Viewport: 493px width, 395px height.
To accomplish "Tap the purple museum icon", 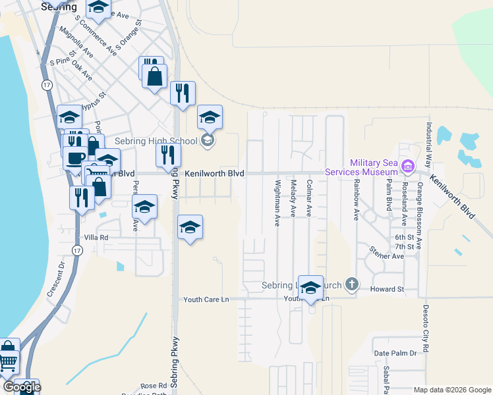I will pos(407,165).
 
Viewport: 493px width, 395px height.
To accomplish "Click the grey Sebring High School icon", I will pos(208,140).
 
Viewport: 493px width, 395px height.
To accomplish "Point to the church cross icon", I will pos(352,284).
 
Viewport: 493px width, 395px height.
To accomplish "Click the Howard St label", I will pos(386,289).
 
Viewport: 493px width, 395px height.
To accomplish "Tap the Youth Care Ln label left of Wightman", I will pos(206,300).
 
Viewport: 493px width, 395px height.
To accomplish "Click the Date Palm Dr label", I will pos(395,354).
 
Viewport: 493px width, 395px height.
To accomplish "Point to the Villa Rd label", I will pos(95,237).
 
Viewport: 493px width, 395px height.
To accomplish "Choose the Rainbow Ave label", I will pos(356,199).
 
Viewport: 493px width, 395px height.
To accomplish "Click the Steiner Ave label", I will pos(386,253).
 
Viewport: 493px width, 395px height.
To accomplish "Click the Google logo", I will pos(22,387).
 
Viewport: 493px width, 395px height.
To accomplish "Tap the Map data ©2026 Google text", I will pos(451,390).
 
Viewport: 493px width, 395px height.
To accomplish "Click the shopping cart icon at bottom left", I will pos(7,360).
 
